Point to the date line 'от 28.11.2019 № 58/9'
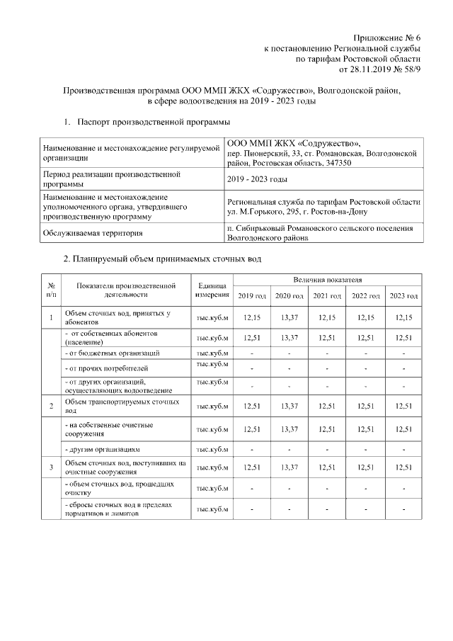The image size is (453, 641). (x=381, y=71)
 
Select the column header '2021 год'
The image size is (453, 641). (x=328, y=295)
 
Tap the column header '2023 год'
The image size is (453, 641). (x=404, y=295)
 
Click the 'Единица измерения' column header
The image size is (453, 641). (x=212, y=289)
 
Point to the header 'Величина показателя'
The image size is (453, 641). (x=328, y=281)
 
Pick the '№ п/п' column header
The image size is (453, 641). (x=51, y=289)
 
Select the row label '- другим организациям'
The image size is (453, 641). (x=107, y=449)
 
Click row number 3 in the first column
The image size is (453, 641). (x=51, y=467)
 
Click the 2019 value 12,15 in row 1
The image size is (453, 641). (x=252, y=317)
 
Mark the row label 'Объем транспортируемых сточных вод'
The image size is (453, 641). (x=122, y=406)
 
